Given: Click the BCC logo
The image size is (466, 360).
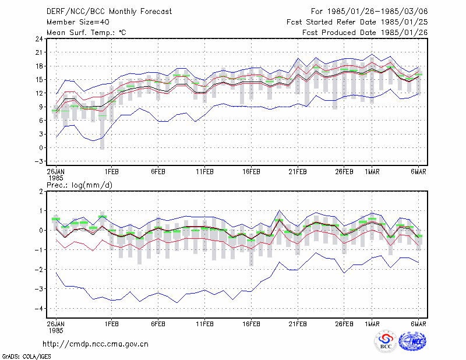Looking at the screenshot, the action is click(386, 341).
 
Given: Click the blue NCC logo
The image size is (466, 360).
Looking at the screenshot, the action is click(412, 341).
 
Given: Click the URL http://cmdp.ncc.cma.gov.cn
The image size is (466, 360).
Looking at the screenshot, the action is click(96, 344).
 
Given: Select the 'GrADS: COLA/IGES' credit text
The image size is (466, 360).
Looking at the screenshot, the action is click(26, 357).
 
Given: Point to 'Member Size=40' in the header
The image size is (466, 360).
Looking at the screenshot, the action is click(78, 22).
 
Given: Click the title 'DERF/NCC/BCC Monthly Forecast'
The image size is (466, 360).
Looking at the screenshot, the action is click(109, 12).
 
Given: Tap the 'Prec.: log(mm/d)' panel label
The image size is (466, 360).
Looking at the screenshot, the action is click(79, 185).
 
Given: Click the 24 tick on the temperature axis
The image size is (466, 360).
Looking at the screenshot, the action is click(39, 38).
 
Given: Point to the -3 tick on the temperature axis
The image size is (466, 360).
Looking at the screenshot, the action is click(39, 161).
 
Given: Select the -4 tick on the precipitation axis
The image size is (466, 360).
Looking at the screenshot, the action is click(39, 308).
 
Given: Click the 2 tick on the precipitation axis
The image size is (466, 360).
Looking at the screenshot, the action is click(41, 191).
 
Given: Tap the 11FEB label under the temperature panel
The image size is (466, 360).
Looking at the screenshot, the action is click(204, 172).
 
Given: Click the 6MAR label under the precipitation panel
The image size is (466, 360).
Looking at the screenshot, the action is click(418, 324).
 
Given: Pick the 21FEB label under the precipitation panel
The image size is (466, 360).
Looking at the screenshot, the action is click(298, 324).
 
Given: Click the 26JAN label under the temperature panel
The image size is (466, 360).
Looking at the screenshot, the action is click(55, 172).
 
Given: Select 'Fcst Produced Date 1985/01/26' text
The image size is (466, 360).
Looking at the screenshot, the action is click(365, 33).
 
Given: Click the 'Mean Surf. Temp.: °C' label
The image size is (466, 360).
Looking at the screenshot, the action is click(86, 33).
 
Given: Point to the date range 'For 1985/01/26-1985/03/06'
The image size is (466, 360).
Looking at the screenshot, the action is click(369, 12).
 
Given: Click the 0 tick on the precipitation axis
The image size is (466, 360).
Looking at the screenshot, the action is click(41, 230).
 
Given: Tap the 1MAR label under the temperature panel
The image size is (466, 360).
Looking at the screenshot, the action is click(372, 172).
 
